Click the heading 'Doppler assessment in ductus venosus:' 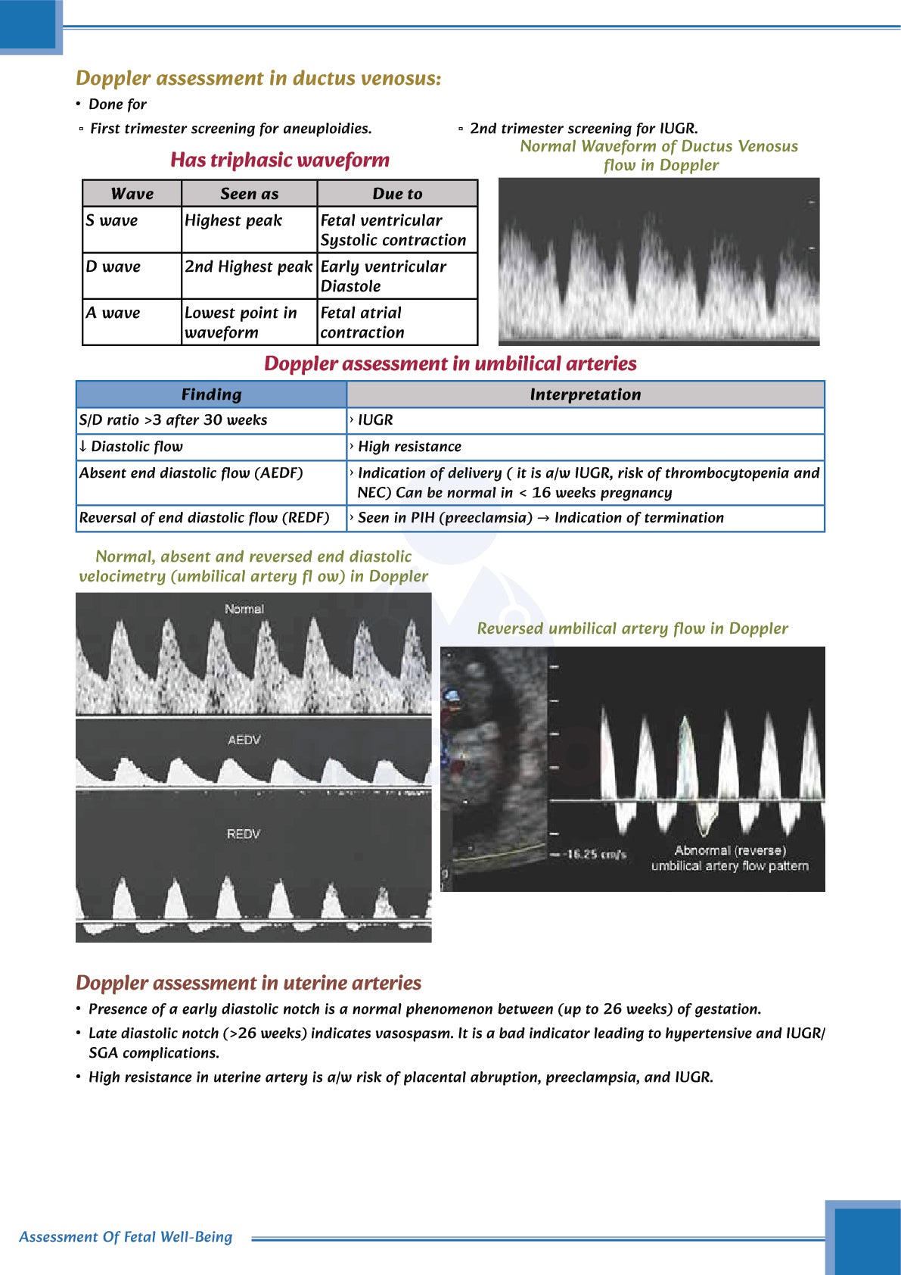point(258,79)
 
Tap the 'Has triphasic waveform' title point(279,160)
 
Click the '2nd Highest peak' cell point(248,267)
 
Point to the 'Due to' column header point(397,194)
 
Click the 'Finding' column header point(211,394)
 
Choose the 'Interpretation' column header point(585,394)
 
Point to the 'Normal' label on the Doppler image point(244,609)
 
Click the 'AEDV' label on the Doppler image point(244,740)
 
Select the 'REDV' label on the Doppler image point(243,834)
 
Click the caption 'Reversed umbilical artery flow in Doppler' point(632,628)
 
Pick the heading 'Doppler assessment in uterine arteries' point(248,983)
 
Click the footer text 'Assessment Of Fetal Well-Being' point(126,1236)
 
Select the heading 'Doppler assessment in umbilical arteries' point(450,364)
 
